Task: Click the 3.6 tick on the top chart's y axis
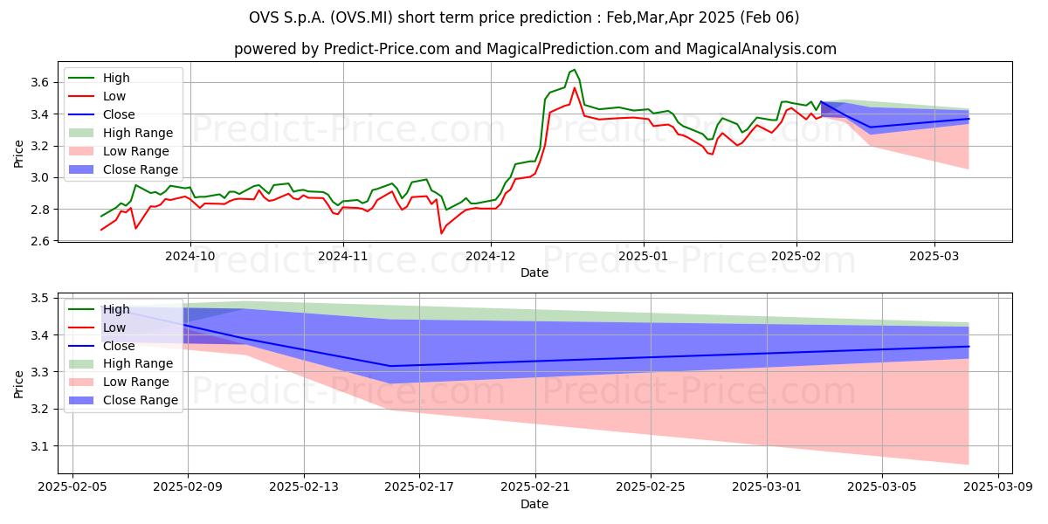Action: pos(39,83)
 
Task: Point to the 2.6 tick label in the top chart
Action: pos(39,241)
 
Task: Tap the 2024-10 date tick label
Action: pos(190,257)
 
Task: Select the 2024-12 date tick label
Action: pos(491,257)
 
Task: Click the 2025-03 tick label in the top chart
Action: pos(934,257)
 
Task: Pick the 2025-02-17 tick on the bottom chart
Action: pos(419,487)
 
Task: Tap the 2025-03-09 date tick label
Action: pos(998,487)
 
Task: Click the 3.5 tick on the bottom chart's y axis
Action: pos(39,299)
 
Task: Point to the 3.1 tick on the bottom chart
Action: pos(39,447)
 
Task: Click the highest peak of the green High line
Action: pos(575,70)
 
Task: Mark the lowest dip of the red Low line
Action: pos(441,233)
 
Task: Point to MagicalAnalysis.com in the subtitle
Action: pos(762,49)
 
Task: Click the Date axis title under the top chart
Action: pos(534,272)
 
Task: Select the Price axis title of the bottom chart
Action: pos(18,384)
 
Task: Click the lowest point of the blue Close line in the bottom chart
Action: pos(390,366)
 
